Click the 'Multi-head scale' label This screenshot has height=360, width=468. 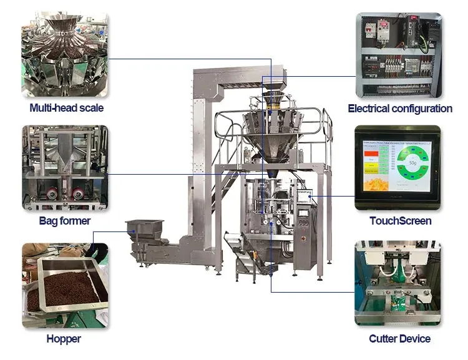click(67, 108)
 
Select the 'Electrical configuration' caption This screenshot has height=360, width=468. click(400, 109)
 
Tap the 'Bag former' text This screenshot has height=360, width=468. click(65, 221)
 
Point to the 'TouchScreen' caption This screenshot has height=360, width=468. click(400, 221)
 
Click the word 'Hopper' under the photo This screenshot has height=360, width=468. click(64, 339)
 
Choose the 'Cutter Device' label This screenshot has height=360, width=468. click(400, 339)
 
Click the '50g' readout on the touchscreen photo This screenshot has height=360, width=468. click(412, 163)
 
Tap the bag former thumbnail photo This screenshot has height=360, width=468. click(64, 168)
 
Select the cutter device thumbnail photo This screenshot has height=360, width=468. click(397, 284)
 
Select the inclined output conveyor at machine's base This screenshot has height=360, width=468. click(250, 250)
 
